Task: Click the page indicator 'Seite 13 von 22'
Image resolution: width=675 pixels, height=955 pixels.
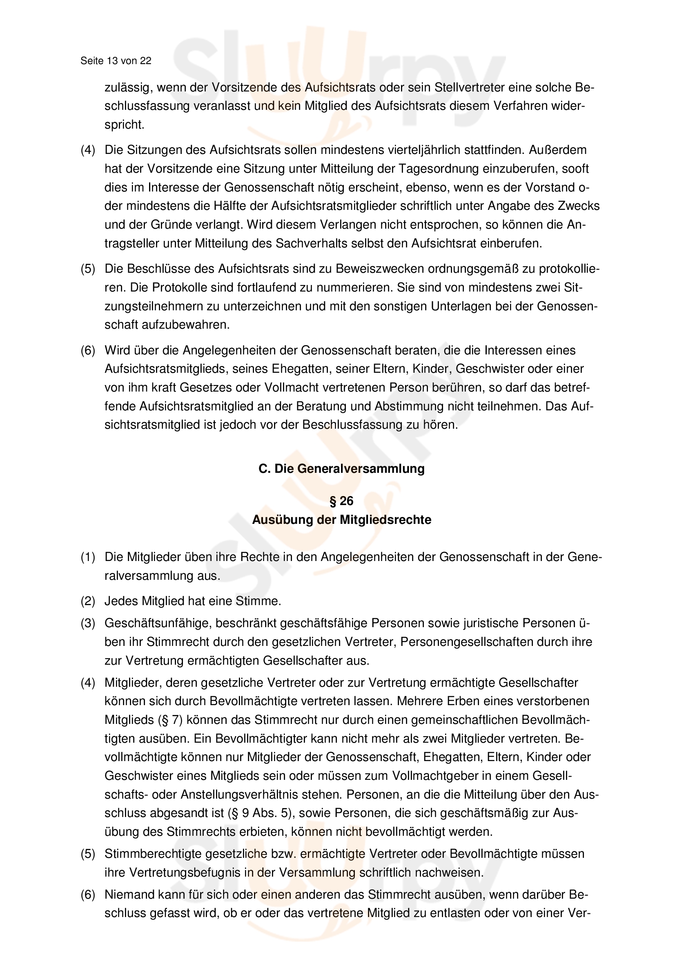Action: pos(116,61)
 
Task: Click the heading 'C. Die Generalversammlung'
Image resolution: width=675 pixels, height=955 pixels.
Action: pos(341,469)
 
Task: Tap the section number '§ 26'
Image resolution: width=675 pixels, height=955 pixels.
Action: pos(341,501)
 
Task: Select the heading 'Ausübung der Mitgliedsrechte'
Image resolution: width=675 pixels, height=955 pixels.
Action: pos(341,520)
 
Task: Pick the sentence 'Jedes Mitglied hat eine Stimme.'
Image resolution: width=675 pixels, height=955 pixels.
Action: pos(193,601)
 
